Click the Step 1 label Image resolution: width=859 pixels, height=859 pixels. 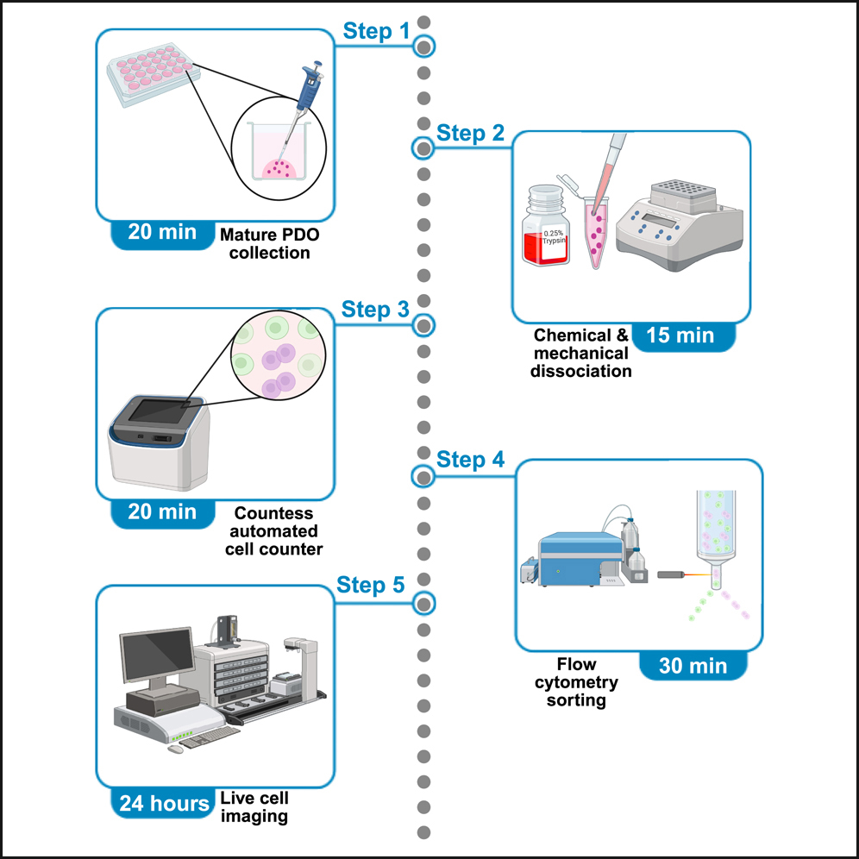click(x=377, y=32)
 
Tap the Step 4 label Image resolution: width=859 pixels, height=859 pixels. click(x=470, y=460)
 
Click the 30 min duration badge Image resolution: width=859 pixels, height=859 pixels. click(x=692, y=666)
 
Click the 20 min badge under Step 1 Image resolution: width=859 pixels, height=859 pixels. click(x=162, y=232)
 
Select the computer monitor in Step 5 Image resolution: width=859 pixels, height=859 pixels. click(x=156, y=651)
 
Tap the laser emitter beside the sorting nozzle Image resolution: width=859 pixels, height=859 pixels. click(x=673, y=574)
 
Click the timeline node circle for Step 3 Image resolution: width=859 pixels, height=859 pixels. click(x=423, y=326)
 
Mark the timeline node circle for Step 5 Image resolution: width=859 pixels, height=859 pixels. click(x=423, y=602)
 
